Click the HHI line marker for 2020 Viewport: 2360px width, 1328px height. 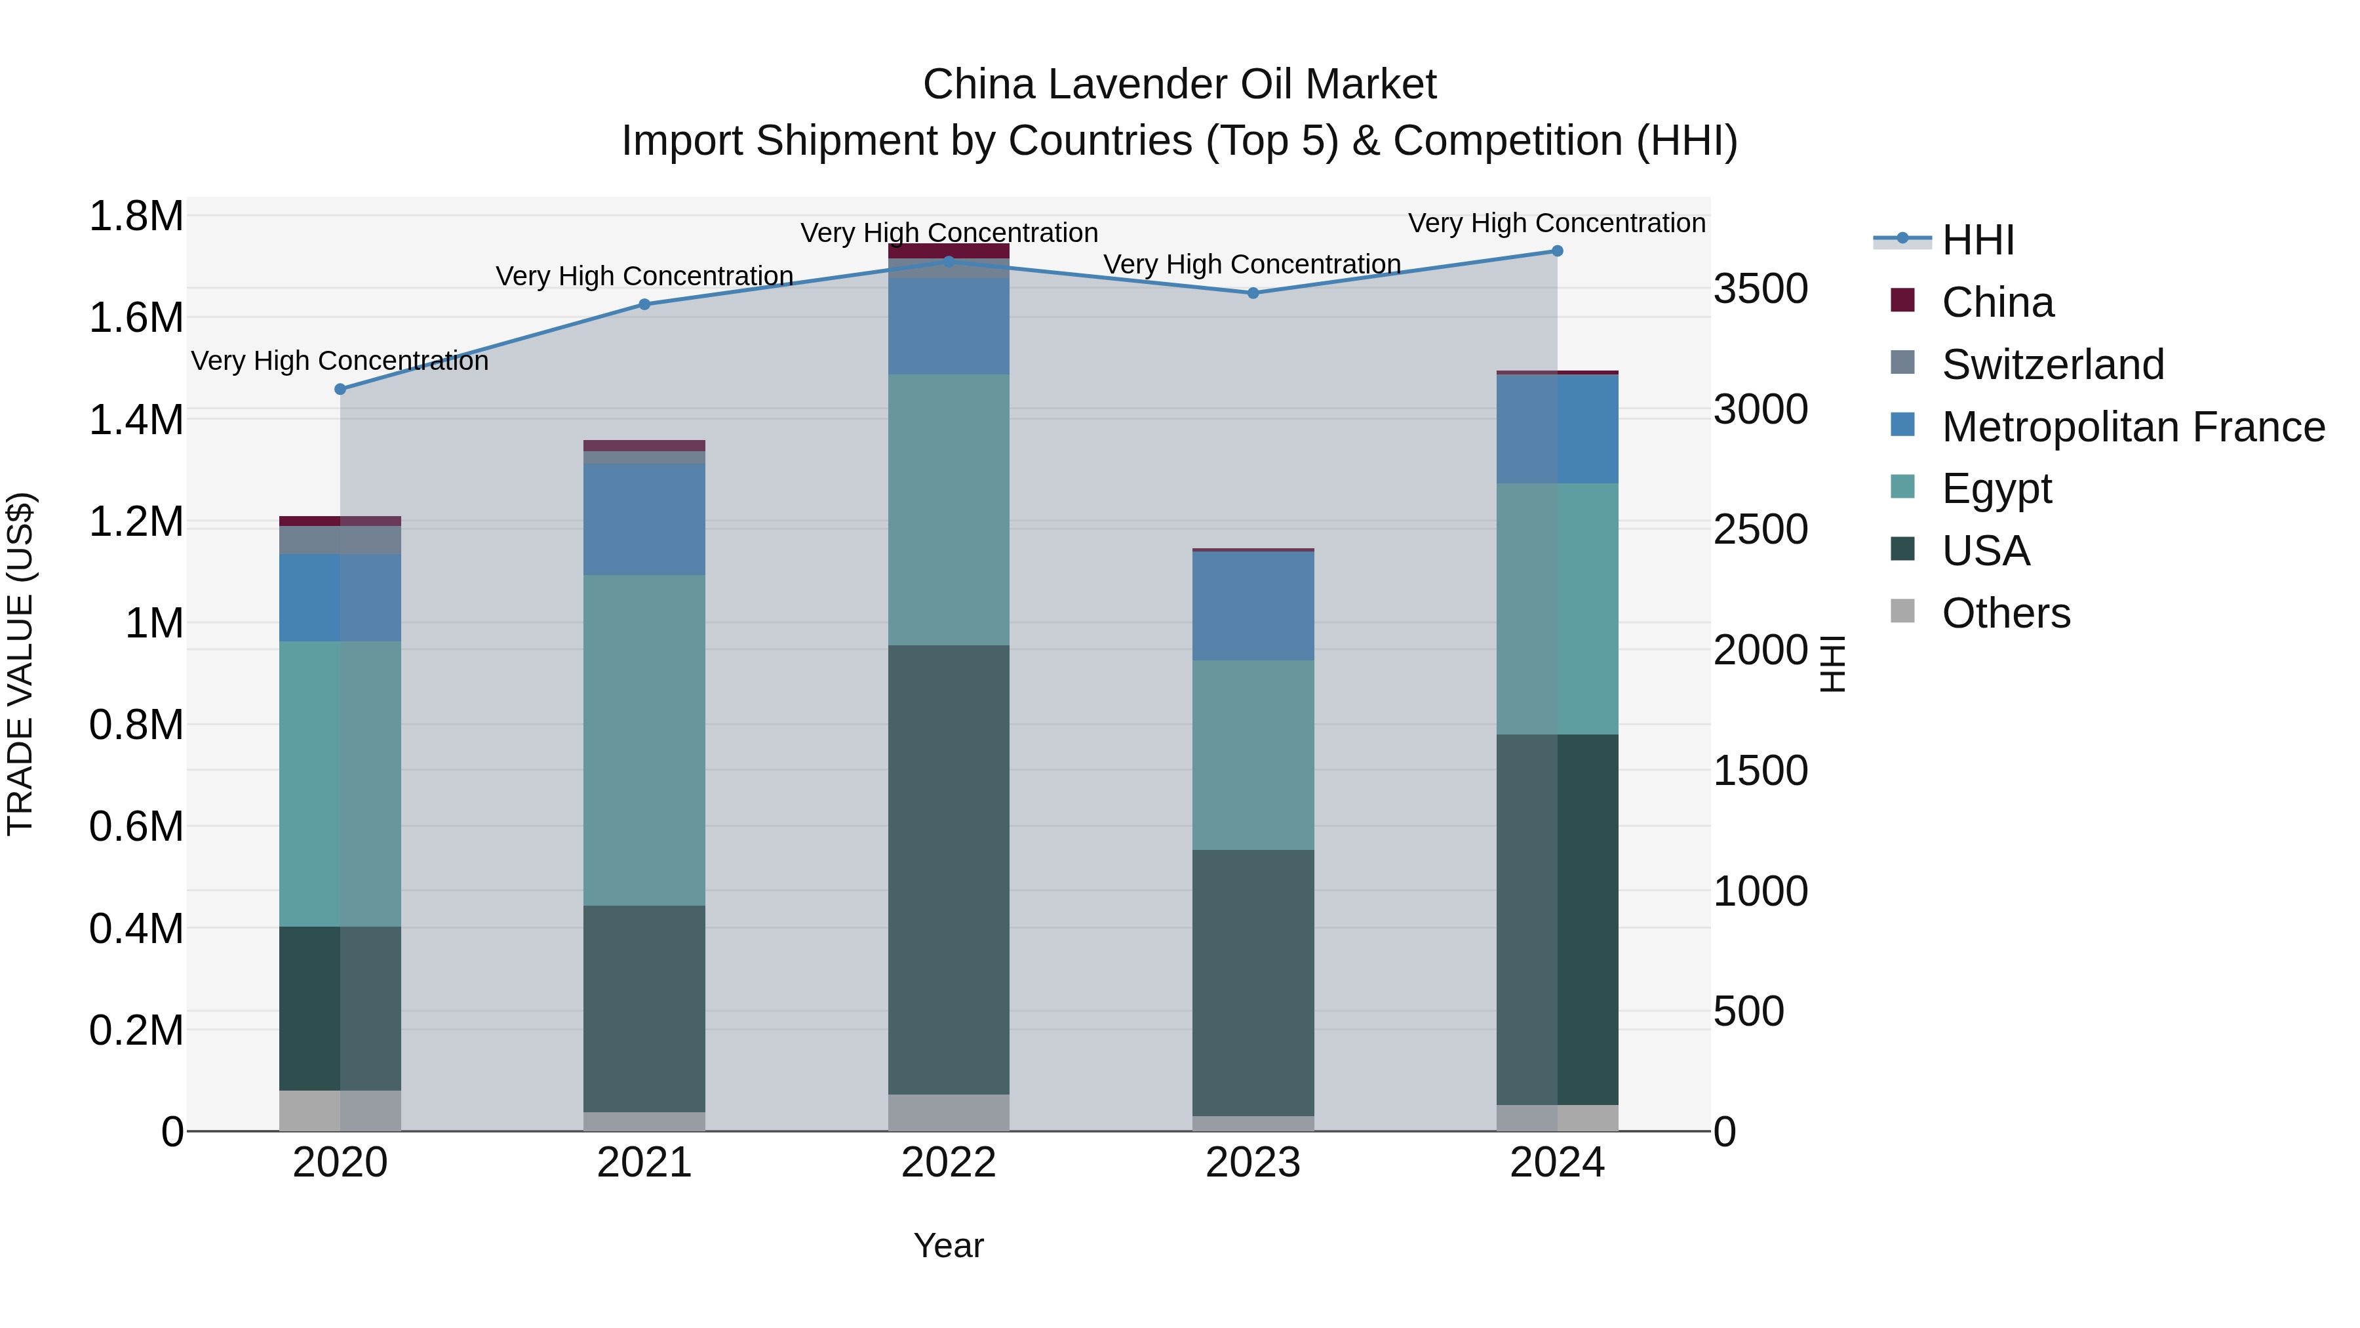(x=340, y=390)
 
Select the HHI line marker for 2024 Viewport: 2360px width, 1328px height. (x=1556, y=251)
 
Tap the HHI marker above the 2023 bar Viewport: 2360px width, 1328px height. (x=1252, y=293)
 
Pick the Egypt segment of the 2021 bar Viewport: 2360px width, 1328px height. (x=644, y=740)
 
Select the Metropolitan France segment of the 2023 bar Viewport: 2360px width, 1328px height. (x=1252, y=606)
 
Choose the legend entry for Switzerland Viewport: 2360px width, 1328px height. (x=2052, y=365)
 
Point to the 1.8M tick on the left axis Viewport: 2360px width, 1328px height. (x=136, y=217)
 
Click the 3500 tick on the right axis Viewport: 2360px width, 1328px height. (x=1760, y=289)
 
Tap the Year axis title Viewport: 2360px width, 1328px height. (x=948, y=1245)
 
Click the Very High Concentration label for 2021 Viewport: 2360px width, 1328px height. (x=644, y=276)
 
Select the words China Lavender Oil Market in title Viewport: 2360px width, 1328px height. (x=1179, y=85)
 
